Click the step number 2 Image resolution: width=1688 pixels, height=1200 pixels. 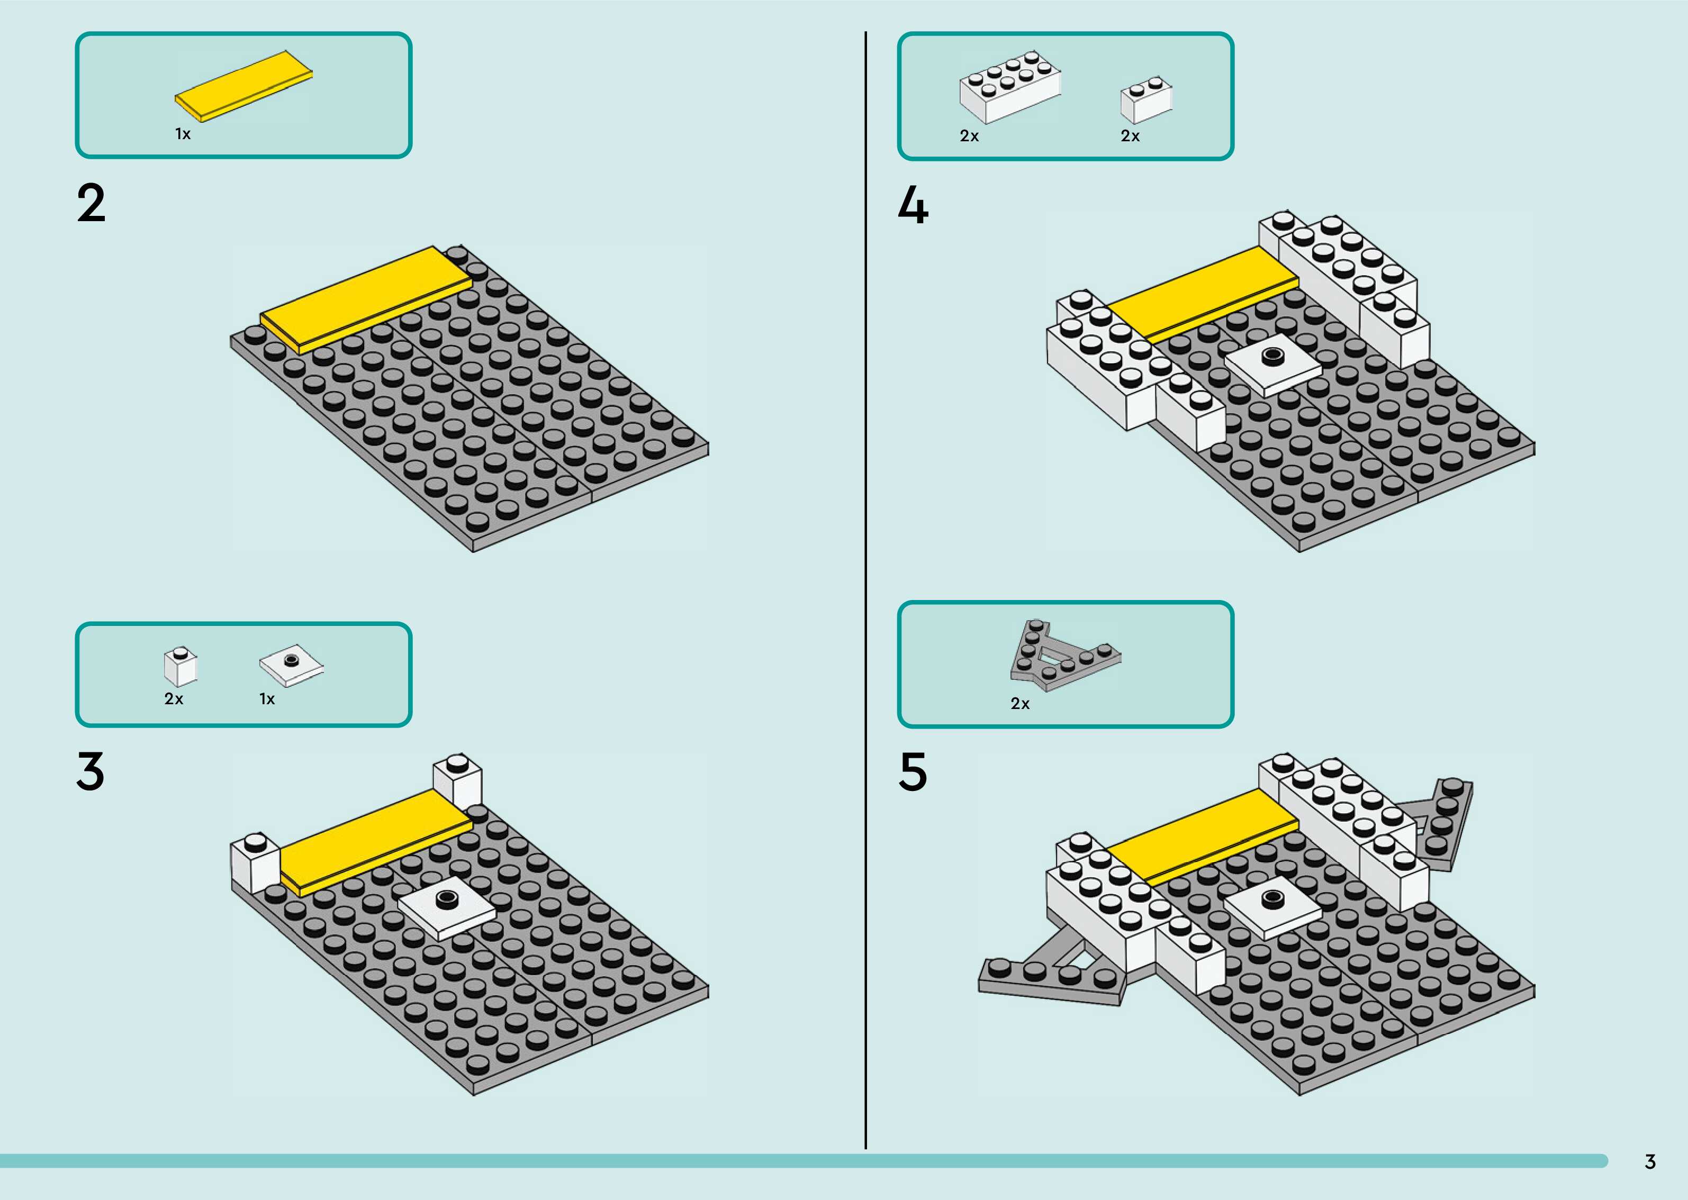[91, 203]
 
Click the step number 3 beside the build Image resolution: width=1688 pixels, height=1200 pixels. [90, 771]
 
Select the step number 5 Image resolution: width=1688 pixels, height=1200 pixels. [913, 771]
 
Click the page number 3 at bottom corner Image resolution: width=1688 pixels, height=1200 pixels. [1649, 1161]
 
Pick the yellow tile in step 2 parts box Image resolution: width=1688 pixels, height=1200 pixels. [243, 86]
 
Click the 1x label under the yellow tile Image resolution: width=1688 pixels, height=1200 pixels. [183, 134]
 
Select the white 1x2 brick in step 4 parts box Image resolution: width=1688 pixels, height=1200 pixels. [1145, 100]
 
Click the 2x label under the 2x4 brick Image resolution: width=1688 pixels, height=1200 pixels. [969, 136]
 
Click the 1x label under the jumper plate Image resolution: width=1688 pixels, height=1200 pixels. [267, 699]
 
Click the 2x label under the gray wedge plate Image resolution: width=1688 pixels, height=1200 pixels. [1020, 704]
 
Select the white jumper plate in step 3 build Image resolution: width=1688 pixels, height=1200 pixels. [446, 911]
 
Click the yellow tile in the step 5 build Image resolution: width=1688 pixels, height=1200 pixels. [1201, 835]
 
